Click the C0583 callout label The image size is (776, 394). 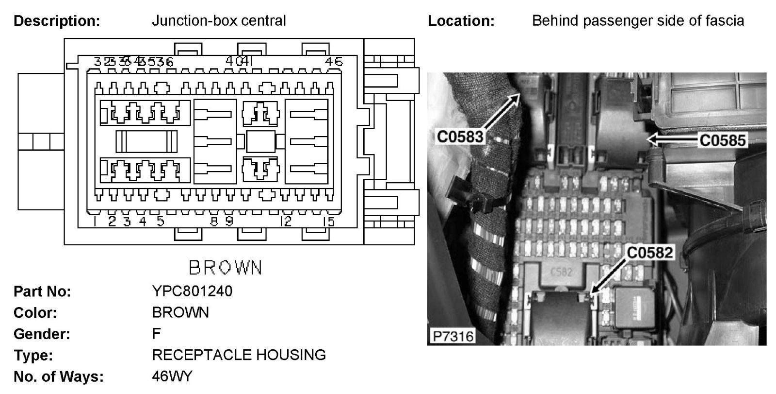pos(460,137)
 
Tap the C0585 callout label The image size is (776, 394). pos(722,140)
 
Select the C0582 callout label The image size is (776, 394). pos(649,252)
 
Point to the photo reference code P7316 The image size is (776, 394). pos(451,336)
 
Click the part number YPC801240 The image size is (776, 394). pos(192,291)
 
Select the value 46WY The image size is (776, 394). pos(172,376)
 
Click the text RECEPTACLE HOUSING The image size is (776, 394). pos(239,355)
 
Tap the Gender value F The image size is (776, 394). pos(156,334)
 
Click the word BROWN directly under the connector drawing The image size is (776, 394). pos(225,268)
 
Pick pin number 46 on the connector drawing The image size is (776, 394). pos(334,62)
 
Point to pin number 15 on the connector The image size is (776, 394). pos(329,222)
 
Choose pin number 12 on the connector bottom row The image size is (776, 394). pos(286,222)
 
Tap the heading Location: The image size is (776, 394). pos(461,21)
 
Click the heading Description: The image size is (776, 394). pos(57,21)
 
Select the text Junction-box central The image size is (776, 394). pos(219,21)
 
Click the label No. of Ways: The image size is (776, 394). pos(59,377)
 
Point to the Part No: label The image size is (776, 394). pos(42,291)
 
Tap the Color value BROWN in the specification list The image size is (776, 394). pos(180,312)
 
